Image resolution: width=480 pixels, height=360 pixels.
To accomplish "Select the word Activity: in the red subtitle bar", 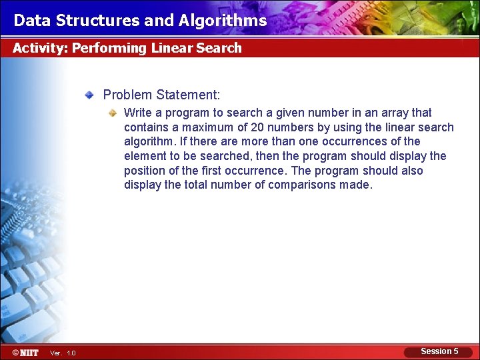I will pos(40,48).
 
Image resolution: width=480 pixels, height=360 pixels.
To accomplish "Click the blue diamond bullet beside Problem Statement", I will pos(89,95).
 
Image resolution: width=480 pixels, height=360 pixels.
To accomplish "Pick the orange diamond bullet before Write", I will pos(113,113).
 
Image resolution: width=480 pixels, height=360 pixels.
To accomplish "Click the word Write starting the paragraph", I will pos(138,113).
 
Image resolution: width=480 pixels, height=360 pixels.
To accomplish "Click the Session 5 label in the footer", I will pos(439,351).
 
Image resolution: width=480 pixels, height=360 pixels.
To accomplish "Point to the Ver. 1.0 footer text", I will pos(63,353).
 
